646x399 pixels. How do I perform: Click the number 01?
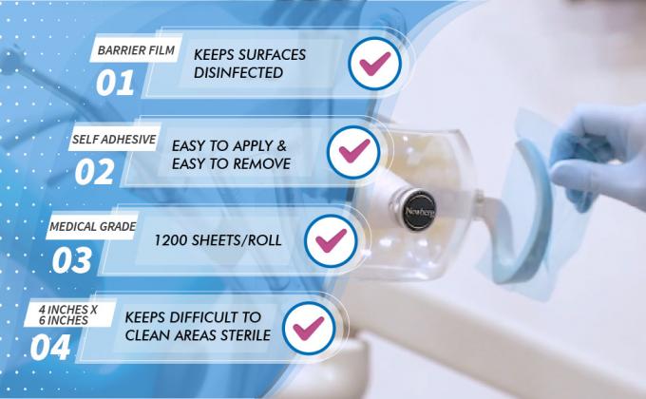[115, 83]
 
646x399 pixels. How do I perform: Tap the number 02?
[95, 171]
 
